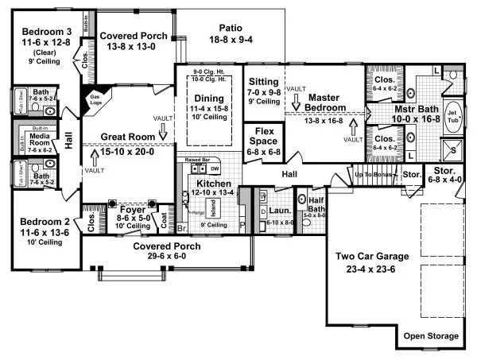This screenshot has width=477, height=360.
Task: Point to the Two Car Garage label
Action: [x=371, y=256]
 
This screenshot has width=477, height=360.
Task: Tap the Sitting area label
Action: [x=264, y=82]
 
